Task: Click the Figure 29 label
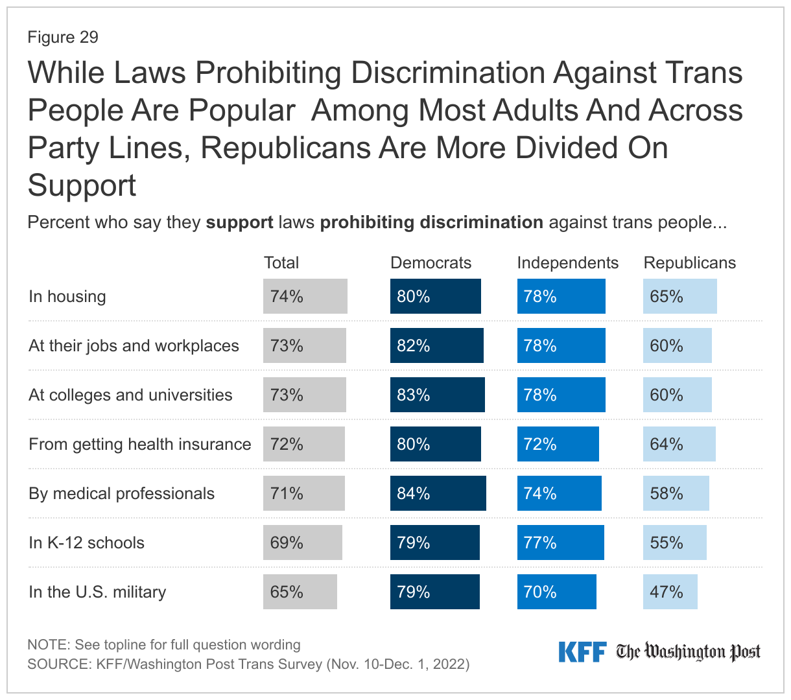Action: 63,37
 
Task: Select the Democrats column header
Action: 431,262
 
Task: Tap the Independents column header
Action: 567,262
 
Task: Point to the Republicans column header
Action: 689,262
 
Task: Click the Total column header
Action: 281,262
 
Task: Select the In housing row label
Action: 67,296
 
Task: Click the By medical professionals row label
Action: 121,493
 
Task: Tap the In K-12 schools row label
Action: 86,542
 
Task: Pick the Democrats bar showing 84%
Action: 438,493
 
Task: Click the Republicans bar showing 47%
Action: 670,592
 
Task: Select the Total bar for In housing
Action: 305,296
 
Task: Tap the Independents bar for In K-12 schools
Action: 560,542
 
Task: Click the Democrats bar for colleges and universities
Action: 437,395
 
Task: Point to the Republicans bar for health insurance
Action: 679,444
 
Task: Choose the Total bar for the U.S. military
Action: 300,592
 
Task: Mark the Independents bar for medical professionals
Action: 559,493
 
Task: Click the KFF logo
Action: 582,651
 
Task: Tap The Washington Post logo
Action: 688,651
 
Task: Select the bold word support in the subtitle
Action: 239,222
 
